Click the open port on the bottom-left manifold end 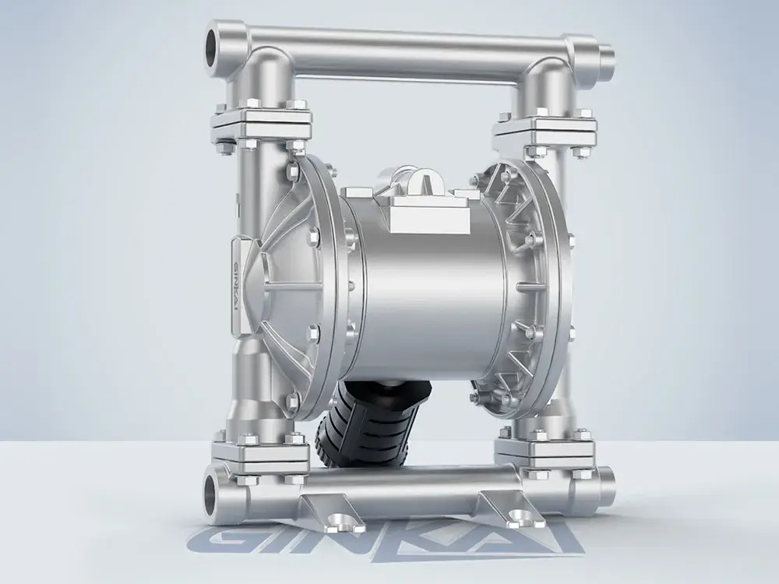[213, 490]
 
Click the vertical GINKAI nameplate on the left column [237, 286]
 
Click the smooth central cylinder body [427, 288]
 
